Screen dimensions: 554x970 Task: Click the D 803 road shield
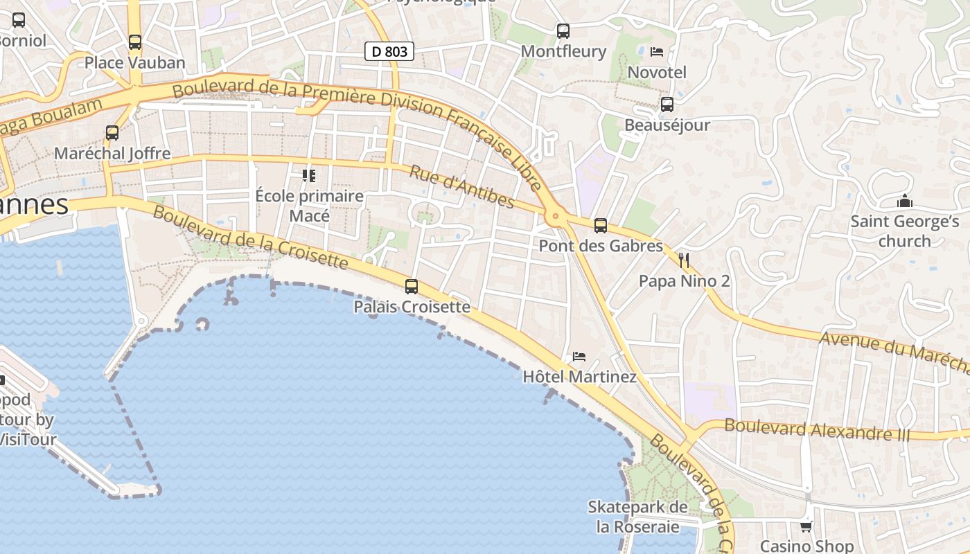(389, 51)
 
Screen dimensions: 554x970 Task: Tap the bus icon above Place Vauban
(135, 42)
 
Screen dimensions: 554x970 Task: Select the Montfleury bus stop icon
(563, 30)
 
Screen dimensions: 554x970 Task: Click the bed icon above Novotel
(657, 52)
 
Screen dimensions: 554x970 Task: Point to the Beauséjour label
(667, 125)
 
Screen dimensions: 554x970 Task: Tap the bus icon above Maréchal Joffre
(112, 132)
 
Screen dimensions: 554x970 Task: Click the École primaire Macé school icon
(309, 175)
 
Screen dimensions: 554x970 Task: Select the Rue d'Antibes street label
(461, 186)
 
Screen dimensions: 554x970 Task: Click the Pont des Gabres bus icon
(601, 225)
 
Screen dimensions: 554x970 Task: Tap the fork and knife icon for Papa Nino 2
(685, 260)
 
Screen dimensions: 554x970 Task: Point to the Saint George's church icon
(904, 201)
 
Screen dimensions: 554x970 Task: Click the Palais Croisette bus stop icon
(412, 286)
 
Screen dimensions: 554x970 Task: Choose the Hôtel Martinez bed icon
(579, 357)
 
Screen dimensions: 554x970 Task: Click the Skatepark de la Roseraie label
(637, 517)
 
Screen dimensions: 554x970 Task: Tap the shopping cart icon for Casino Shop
(806, 527)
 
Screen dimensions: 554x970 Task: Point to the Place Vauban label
(135, 63)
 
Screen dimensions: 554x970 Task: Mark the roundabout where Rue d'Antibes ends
(554, 217)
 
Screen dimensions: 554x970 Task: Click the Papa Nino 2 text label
(684, 281)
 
